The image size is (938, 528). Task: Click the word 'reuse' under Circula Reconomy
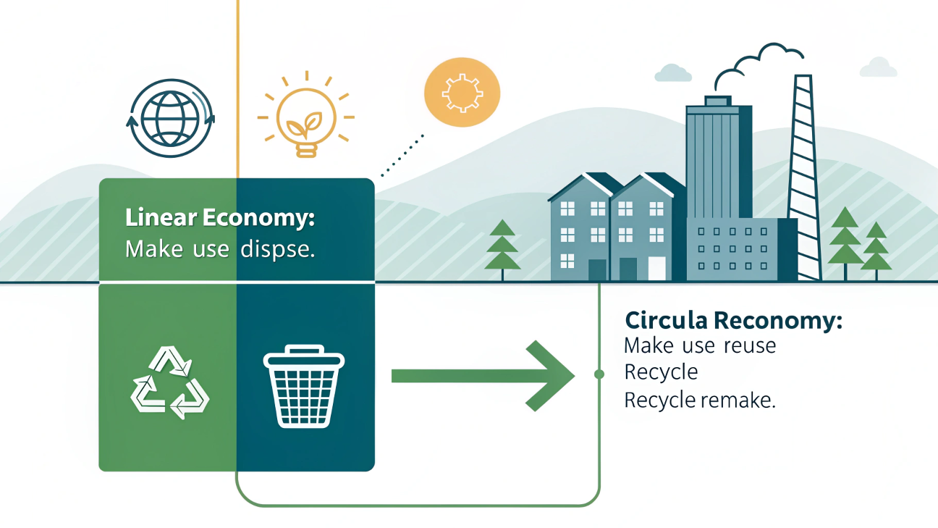tap(749, 345)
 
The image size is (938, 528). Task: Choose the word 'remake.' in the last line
tap(740, 400)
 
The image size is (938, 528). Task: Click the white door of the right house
tap(656, 268)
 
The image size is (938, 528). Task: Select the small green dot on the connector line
tap(599, 374)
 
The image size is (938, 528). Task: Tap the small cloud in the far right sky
tap(879, 67)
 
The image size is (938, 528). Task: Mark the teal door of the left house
tap(597, 269)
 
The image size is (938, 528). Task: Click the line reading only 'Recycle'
tap(661, 372)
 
